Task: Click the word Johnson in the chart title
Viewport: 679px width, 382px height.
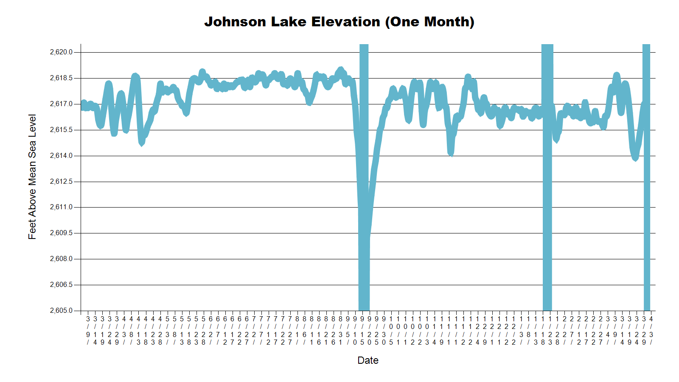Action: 235,22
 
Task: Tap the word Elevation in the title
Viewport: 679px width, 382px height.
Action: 345,22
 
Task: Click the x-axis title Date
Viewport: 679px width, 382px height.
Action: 368,360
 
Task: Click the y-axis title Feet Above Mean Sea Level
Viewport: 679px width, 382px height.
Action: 32,177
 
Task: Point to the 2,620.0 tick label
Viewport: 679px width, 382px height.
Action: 61,52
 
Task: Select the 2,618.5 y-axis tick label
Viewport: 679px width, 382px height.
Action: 61,78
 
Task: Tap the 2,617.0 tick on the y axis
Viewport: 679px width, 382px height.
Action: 61,104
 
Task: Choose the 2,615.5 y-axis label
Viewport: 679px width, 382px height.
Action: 61,130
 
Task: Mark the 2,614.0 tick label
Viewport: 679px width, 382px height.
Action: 61,156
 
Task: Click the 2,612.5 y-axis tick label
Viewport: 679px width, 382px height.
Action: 61,182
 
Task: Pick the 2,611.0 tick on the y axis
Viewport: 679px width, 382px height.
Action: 61,207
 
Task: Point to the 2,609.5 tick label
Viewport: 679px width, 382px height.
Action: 61,233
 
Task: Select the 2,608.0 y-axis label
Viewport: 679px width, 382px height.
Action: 61,259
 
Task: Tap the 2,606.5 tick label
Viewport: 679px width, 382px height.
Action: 61,285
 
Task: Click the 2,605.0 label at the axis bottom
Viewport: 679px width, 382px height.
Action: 61,311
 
